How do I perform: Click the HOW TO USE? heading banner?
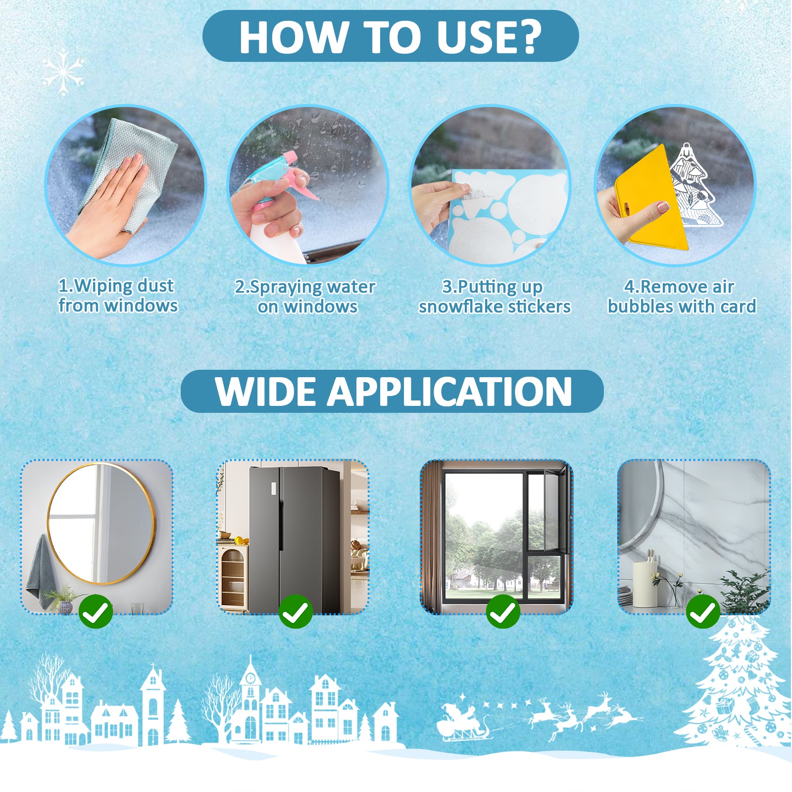(x=391, y=36)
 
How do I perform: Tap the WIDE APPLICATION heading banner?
(x=392, y=391)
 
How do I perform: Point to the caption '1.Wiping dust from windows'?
(x=118, y=296)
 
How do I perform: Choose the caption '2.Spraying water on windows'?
(x=305, y=297)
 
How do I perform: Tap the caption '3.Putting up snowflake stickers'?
(x=494, y=297)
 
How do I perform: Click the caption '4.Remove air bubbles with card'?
(x=682, y=297)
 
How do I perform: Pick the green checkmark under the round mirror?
(x=96, y=612)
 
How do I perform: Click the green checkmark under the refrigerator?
(x=296, y=612)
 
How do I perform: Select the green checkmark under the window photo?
(x=503, y=612)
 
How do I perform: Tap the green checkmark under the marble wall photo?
(x=703, y=612)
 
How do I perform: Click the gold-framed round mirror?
(x=101, y=524)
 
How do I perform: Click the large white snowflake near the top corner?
(x=63, y=72)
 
